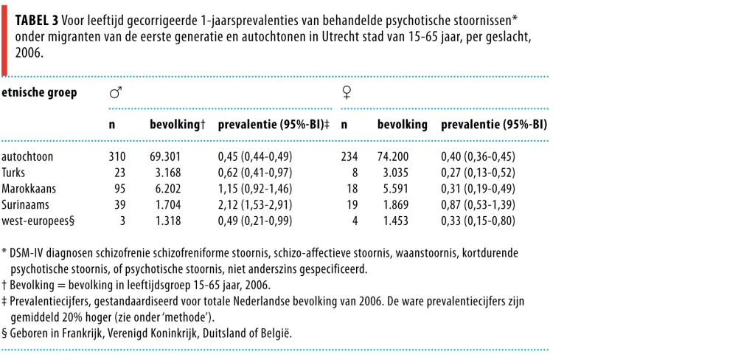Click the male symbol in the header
click(x=116, y=92)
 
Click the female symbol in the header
click(x=346, y=92)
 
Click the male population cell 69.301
click(x=165, y=157)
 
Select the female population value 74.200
click(x=394, y=157)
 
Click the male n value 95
click(x=120, y=189)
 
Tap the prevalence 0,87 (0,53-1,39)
click(x=478, y=205)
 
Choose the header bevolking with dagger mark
click(x=178, y=125)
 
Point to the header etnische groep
click(x=40, y=93)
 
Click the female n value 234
click(x=349, y=157)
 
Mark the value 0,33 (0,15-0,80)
click(x=478, y=221)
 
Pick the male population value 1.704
click(x=169, y=205)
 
